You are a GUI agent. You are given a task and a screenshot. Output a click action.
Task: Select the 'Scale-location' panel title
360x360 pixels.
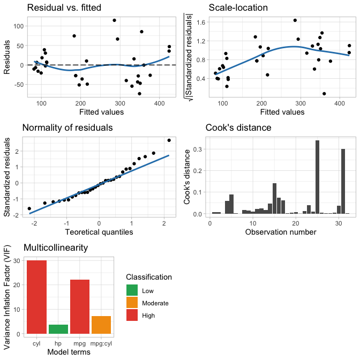[238, 8]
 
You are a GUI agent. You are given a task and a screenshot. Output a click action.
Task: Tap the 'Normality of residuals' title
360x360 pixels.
[67, 128]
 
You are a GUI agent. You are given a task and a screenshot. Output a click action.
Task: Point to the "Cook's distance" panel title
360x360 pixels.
[239, 128]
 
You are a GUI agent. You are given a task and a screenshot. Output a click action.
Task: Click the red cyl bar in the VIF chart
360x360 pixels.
[36, 297]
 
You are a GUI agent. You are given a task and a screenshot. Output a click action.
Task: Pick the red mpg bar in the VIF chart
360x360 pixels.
[80, 307]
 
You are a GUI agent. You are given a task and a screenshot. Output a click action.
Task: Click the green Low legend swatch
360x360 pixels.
[132, 291]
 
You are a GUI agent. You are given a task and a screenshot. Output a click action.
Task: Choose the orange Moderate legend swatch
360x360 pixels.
[132, 303]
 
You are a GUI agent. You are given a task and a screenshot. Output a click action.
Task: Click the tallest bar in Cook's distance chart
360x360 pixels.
[317, 177]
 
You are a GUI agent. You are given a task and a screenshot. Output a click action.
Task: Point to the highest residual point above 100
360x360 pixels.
[114, 20]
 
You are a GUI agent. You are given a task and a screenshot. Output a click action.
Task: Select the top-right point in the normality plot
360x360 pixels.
[169, 140]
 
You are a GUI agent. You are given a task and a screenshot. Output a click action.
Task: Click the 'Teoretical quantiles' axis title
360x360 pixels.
[99, 232]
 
